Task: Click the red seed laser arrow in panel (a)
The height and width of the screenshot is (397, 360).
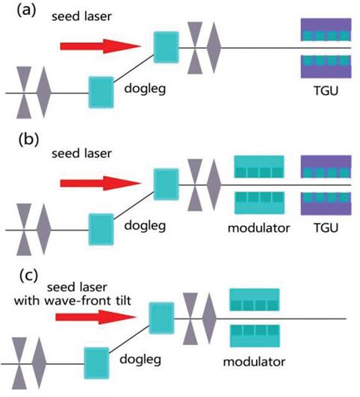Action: tap(100, 46)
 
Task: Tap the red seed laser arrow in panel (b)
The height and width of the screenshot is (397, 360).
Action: tap(100, 184)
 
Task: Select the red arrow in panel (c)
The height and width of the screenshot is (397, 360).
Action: tap(96, 317)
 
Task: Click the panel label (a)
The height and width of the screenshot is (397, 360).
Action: tap(27, 11)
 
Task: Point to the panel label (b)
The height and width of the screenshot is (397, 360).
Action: tap(28, 140)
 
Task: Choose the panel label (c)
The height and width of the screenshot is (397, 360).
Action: tap(29, 276)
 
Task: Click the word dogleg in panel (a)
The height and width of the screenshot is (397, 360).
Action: tap(145, 89)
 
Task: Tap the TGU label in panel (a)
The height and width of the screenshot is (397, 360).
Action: tap(326, 90)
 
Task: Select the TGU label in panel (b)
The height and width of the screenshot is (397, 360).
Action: tap(326, 228)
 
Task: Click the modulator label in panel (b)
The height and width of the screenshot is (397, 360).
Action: tap(258, 228)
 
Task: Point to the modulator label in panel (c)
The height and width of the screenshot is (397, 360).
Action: tap(254, 362)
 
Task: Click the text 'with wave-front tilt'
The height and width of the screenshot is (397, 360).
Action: tap(72, 301)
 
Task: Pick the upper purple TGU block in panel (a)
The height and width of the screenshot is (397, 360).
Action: tap(326, 30)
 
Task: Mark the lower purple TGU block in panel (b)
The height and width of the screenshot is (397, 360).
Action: tap(326, 204)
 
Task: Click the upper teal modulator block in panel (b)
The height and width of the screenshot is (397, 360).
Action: tap(259, 166)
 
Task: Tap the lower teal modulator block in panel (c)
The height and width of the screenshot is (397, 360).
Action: tap(255, 336)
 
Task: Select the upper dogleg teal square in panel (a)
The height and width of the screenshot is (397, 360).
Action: tap(167, 47)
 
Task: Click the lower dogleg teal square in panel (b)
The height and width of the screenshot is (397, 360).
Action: tap(101, 229)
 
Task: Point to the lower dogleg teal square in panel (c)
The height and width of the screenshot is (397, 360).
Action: tap(96, 363)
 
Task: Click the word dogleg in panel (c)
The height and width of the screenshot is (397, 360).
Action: tap(140, 360)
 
